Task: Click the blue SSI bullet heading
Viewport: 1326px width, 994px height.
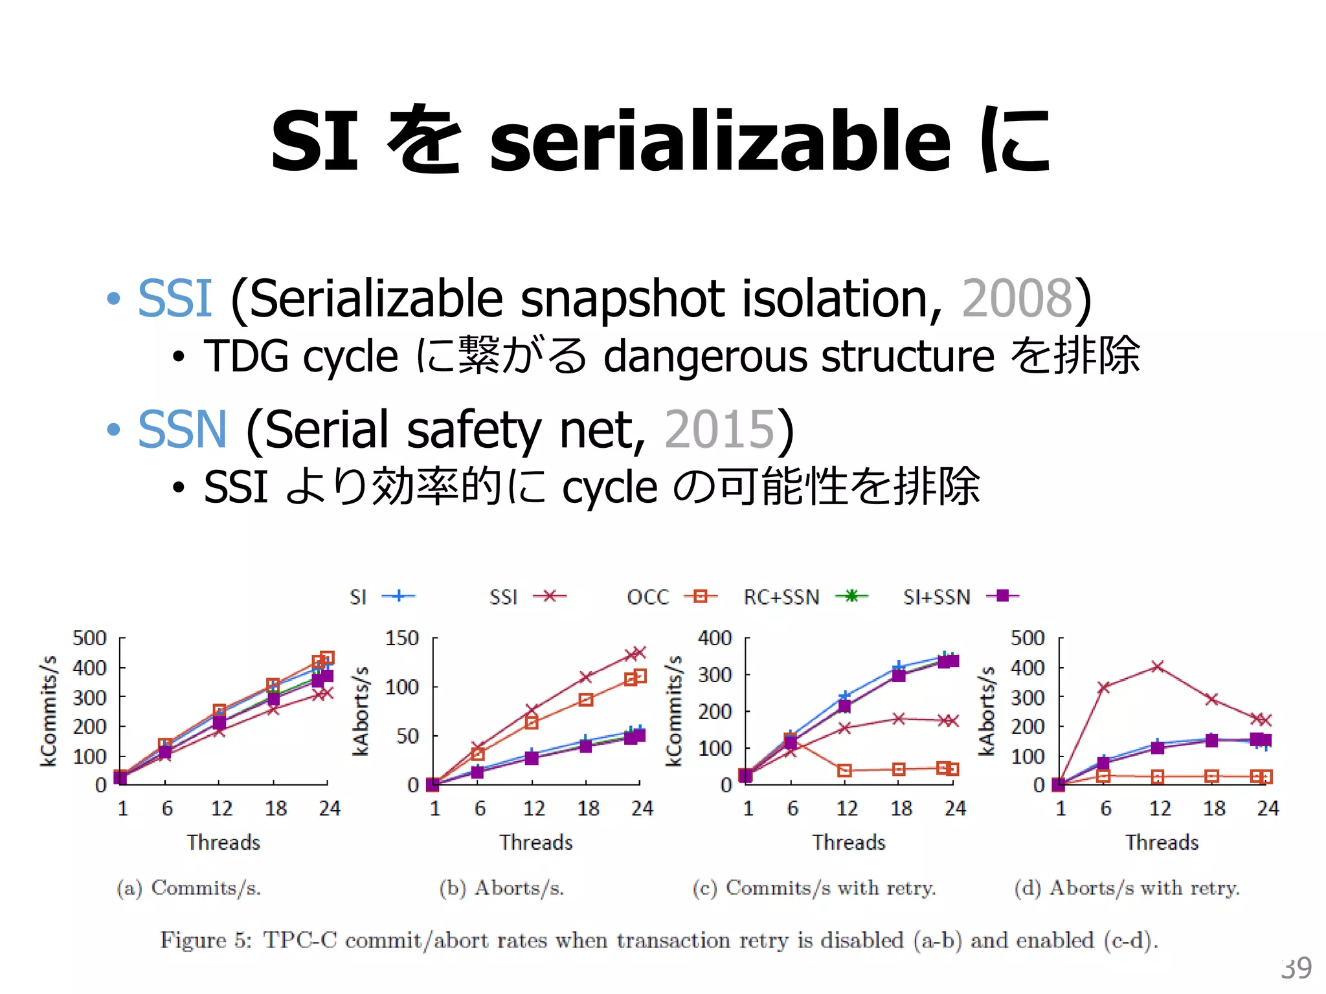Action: pyautogui.click(x=175, y=298)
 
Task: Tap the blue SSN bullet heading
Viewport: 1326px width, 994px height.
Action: pyautogui.click(x=183, y=429)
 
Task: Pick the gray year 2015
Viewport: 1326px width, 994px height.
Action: pyautogui.click(x=719, y=429)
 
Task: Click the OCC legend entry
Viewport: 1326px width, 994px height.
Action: pyautogui.click(x=648, y=597)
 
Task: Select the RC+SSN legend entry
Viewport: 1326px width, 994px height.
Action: pyautogui.click(x=781, y=597)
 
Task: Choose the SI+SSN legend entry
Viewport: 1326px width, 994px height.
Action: pyautogui.click(x=937, y=597)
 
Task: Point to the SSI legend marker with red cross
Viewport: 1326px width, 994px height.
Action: pyautogui.click(x=550, y=596)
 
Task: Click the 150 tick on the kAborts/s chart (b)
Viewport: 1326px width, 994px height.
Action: pyautogui.click(x=402, y=638)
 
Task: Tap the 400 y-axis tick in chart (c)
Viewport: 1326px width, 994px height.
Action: pyautogui.click(x=715, y=638)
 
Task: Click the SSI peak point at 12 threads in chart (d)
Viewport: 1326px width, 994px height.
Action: pyautogui.click(x=1158, y=667)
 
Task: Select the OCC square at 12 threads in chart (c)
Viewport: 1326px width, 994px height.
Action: pyautogui.click(x=844, y=770)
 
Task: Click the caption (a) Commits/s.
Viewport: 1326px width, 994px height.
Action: pyautogui.click(x=189, y=888)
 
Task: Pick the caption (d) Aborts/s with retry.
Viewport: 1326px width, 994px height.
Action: pyautogui.click(x=1127, y=888)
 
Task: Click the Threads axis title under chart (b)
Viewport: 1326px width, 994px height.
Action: pyautogui.click(x=536, y=843)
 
